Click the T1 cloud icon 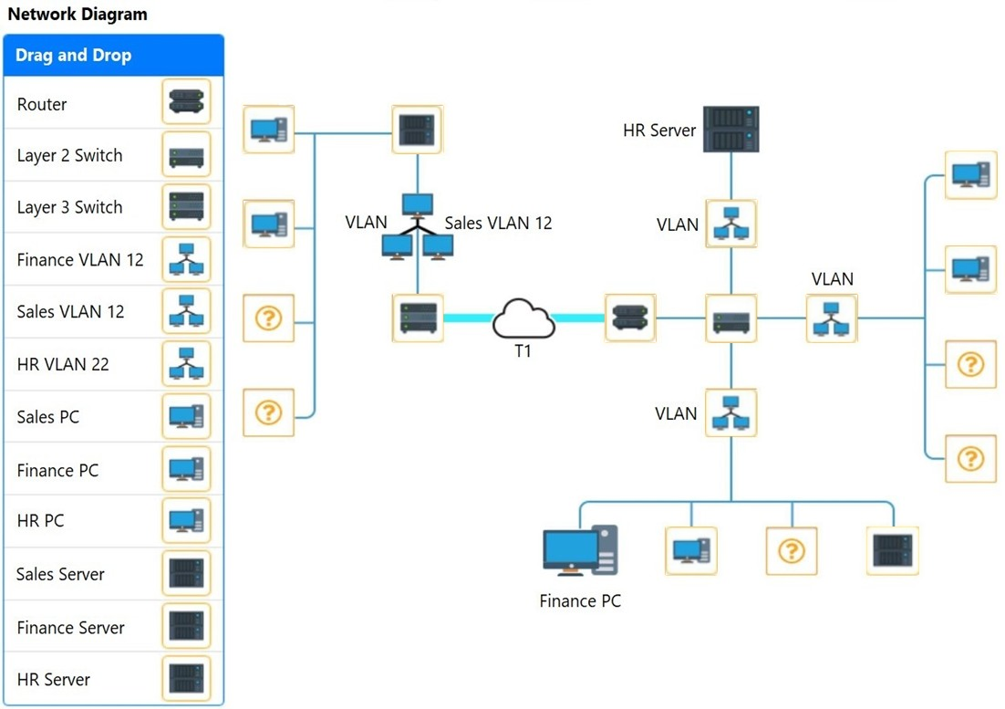(523, 318)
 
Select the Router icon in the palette (187, 102)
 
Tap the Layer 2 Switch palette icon (187, 154)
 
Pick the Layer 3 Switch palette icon (187, 206)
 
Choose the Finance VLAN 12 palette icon (187, 259)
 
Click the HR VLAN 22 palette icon (187, 363)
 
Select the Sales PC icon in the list (187, 416)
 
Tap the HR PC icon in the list (187, 520)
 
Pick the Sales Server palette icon (187, 573)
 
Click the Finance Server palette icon (187, 626)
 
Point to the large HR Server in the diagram (730, 130)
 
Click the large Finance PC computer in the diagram (580, 550)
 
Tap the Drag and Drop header (113, 55)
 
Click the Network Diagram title (78, 14)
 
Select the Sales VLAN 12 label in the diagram (498, 223)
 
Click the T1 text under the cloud (523, 351)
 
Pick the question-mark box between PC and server (792, 550)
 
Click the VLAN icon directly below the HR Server (730, 224)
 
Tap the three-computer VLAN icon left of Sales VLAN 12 (418, 227)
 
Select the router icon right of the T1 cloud (630, 318)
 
